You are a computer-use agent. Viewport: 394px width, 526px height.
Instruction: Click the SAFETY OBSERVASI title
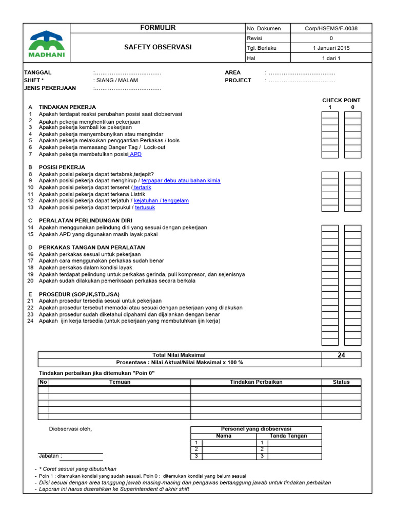click(157, 47)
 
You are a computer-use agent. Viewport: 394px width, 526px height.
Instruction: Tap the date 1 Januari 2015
click(331, 48)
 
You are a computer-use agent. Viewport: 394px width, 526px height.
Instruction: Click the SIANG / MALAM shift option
click(115, 80)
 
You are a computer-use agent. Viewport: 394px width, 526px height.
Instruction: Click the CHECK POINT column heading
click(341, 100)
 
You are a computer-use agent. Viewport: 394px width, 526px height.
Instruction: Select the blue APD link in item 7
click(135, 154)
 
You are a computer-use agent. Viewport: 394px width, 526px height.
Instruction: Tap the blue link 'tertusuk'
click(145, 208)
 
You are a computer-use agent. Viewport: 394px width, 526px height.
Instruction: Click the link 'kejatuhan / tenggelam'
click(161, 201)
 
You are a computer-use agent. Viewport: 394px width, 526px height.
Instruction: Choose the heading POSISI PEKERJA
click(62, 167)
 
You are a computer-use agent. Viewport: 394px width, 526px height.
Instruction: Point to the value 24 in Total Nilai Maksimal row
click(341, 355)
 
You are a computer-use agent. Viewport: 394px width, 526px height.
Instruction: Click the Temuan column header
click(120, 382)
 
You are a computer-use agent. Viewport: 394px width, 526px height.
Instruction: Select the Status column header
click(341, 382)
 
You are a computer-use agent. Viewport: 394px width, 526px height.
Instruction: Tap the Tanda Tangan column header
click(288, 436)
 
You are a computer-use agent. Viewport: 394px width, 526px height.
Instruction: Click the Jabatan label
click(50, 456)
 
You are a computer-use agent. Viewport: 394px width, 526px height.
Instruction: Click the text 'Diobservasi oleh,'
click(70, 429)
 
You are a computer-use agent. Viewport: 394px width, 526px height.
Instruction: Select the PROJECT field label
click(238, 80)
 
